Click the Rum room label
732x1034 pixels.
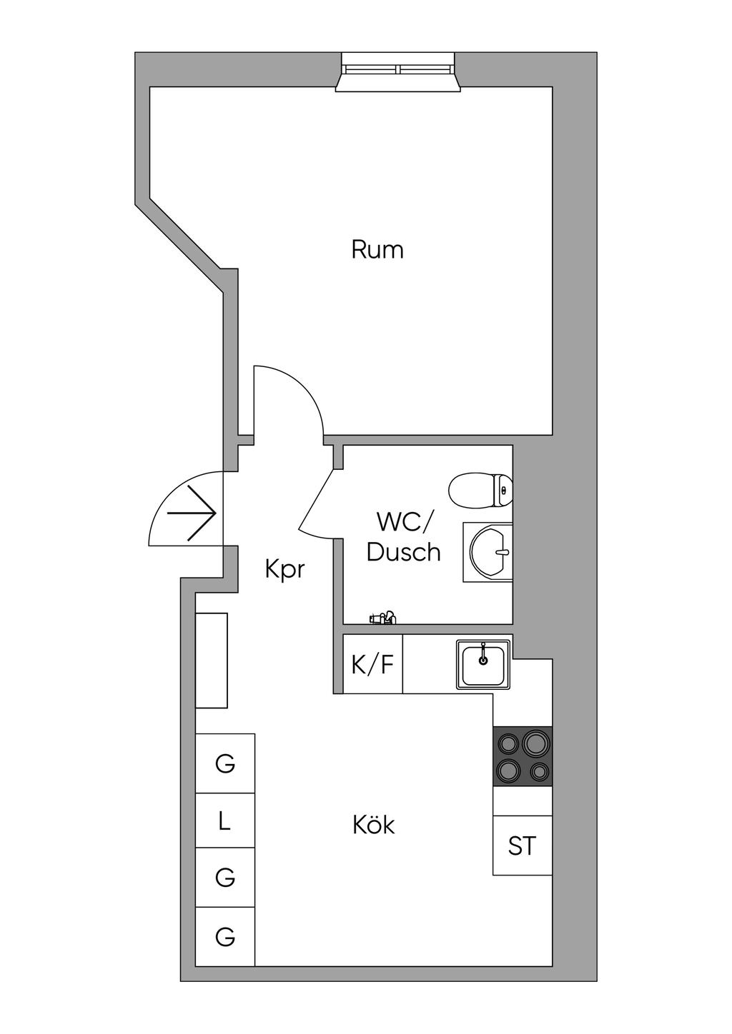click(377, 250)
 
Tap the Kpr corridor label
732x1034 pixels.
click(285, 570)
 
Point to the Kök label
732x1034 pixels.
click(374, 825)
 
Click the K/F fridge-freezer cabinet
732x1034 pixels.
click(372, 665)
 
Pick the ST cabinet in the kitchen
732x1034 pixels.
click(522, 845)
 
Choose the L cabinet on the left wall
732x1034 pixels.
click(225, 821)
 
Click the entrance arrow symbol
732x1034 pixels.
click(192, 513)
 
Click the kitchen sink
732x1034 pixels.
click(484, 665)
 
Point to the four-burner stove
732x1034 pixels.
click(522, 756)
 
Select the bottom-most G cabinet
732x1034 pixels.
click(225, 936)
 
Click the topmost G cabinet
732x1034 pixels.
click(225, 763)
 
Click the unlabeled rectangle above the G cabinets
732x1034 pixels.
click(212, 660)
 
